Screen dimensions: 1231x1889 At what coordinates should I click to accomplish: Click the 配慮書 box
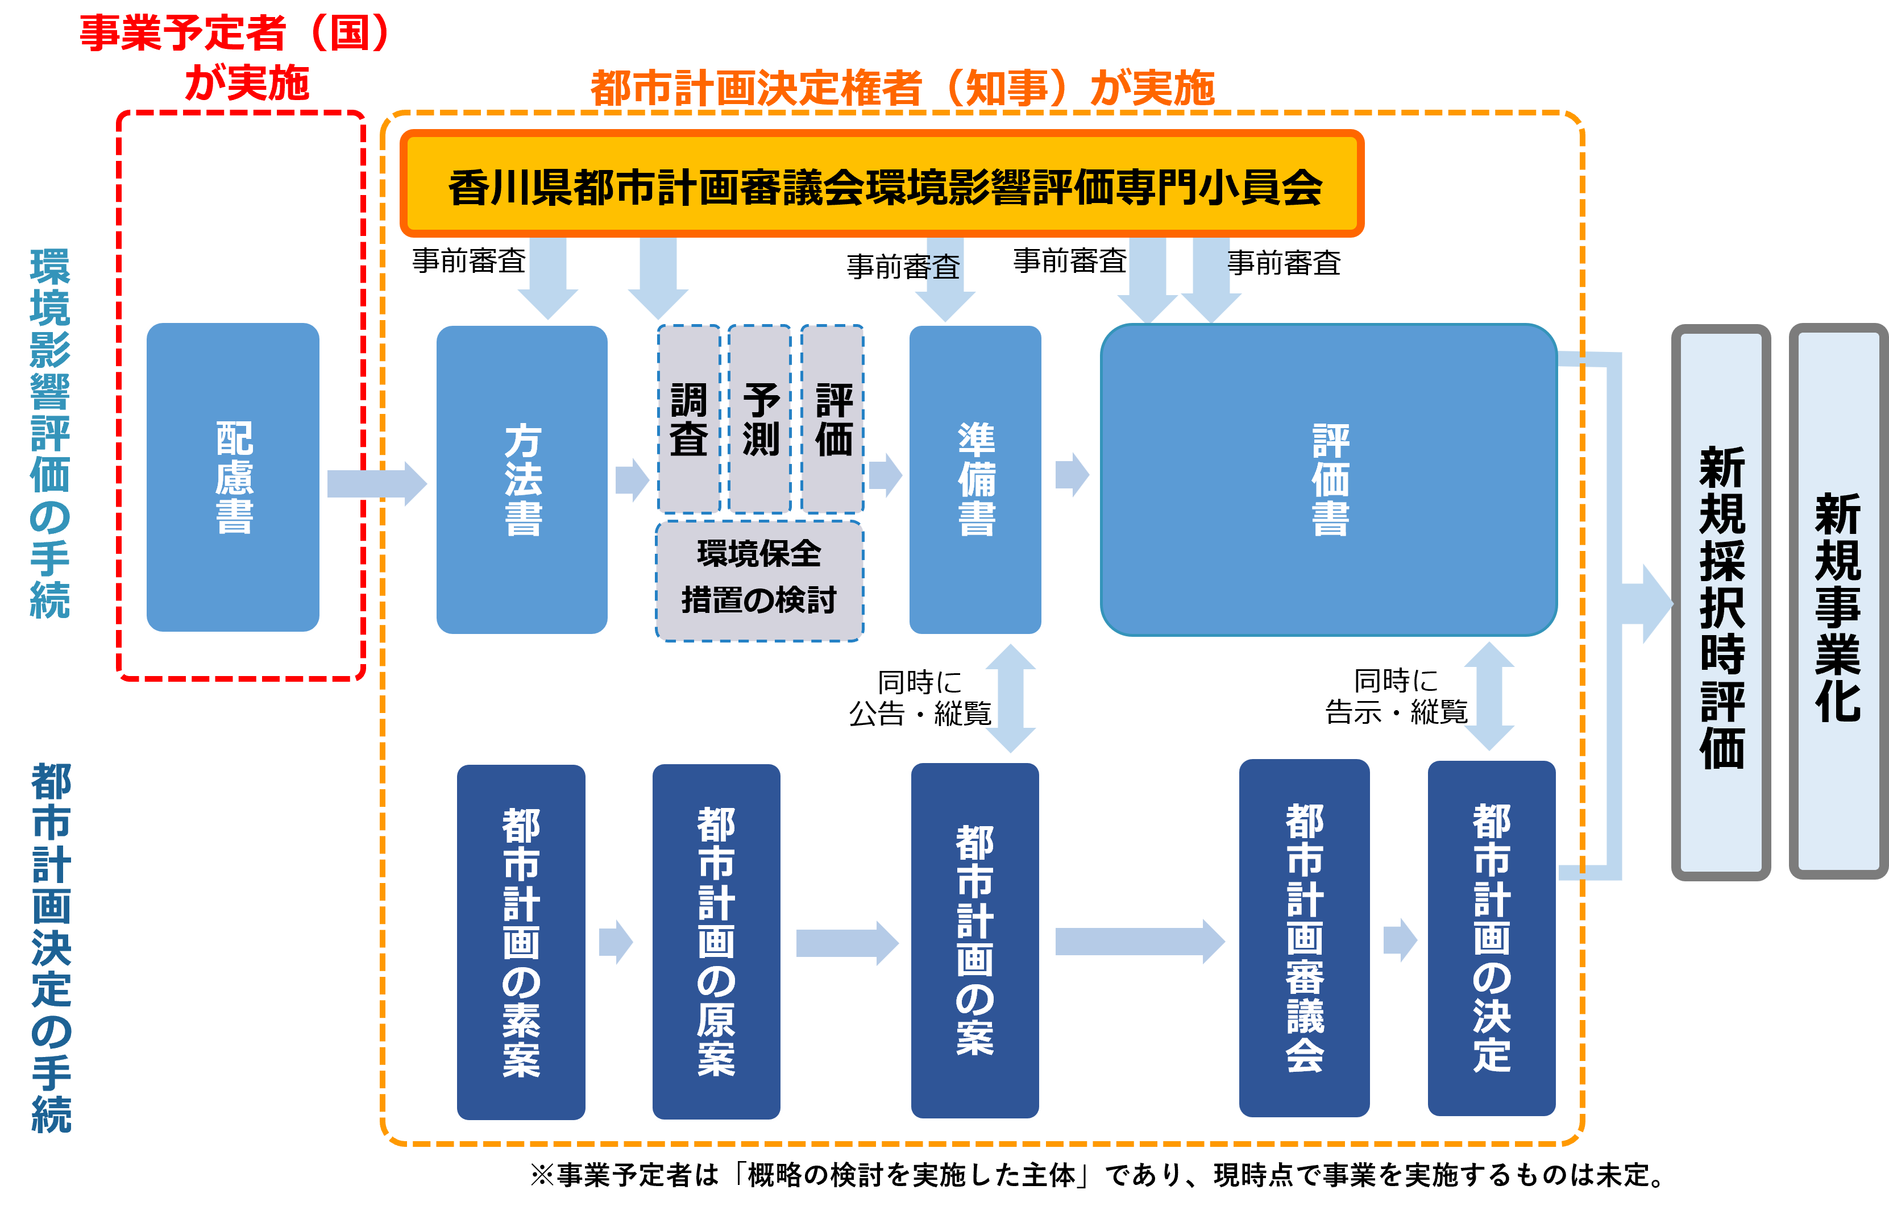point(233,477)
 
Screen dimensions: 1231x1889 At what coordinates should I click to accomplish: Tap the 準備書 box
point(975,479)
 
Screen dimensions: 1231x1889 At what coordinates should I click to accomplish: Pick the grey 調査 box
point(688,419)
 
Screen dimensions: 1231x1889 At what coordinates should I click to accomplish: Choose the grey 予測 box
point(759,419)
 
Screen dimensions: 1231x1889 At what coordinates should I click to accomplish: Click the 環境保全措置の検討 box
point(759,580)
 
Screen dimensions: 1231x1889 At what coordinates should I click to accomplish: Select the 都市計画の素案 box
point(521,942)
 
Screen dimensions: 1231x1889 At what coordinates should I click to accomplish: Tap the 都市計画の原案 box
point(716,942)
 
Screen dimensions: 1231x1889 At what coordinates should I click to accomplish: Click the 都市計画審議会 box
point(1304,938)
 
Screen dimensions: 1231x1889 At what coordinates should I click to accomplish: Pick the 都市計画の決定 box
point(1491,938)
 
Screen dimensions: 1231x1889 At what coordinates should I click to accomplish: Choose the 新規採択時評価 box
point(1721,603)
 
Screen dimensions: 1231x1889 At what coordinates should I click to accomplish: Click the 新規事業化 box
point(1837,603)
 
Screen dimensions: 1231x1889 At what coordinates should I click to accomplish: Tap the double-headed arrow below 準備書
point(1010,698)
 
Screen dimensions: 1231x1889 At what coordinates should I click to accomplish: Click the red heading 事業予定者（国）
point(235,34)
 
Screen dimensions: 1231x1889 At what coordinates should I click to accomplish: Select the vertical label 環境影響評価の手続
point(49,433)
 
